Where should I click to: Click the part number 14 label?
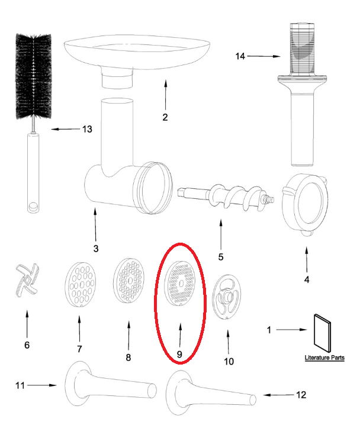239,56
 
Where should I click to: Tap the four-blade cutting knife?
25,281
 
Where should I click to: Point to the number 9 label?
179,354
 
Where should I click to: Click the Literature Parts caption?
324,358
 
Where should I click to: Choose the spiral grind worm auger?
225,197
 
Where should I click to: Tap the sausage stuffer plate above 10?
227,297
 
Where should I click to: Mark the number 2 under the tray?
165,117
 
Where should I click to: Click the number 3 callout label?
96,247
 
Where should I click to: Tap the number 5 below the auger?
220,257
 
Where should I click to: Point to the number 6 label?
26,345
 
